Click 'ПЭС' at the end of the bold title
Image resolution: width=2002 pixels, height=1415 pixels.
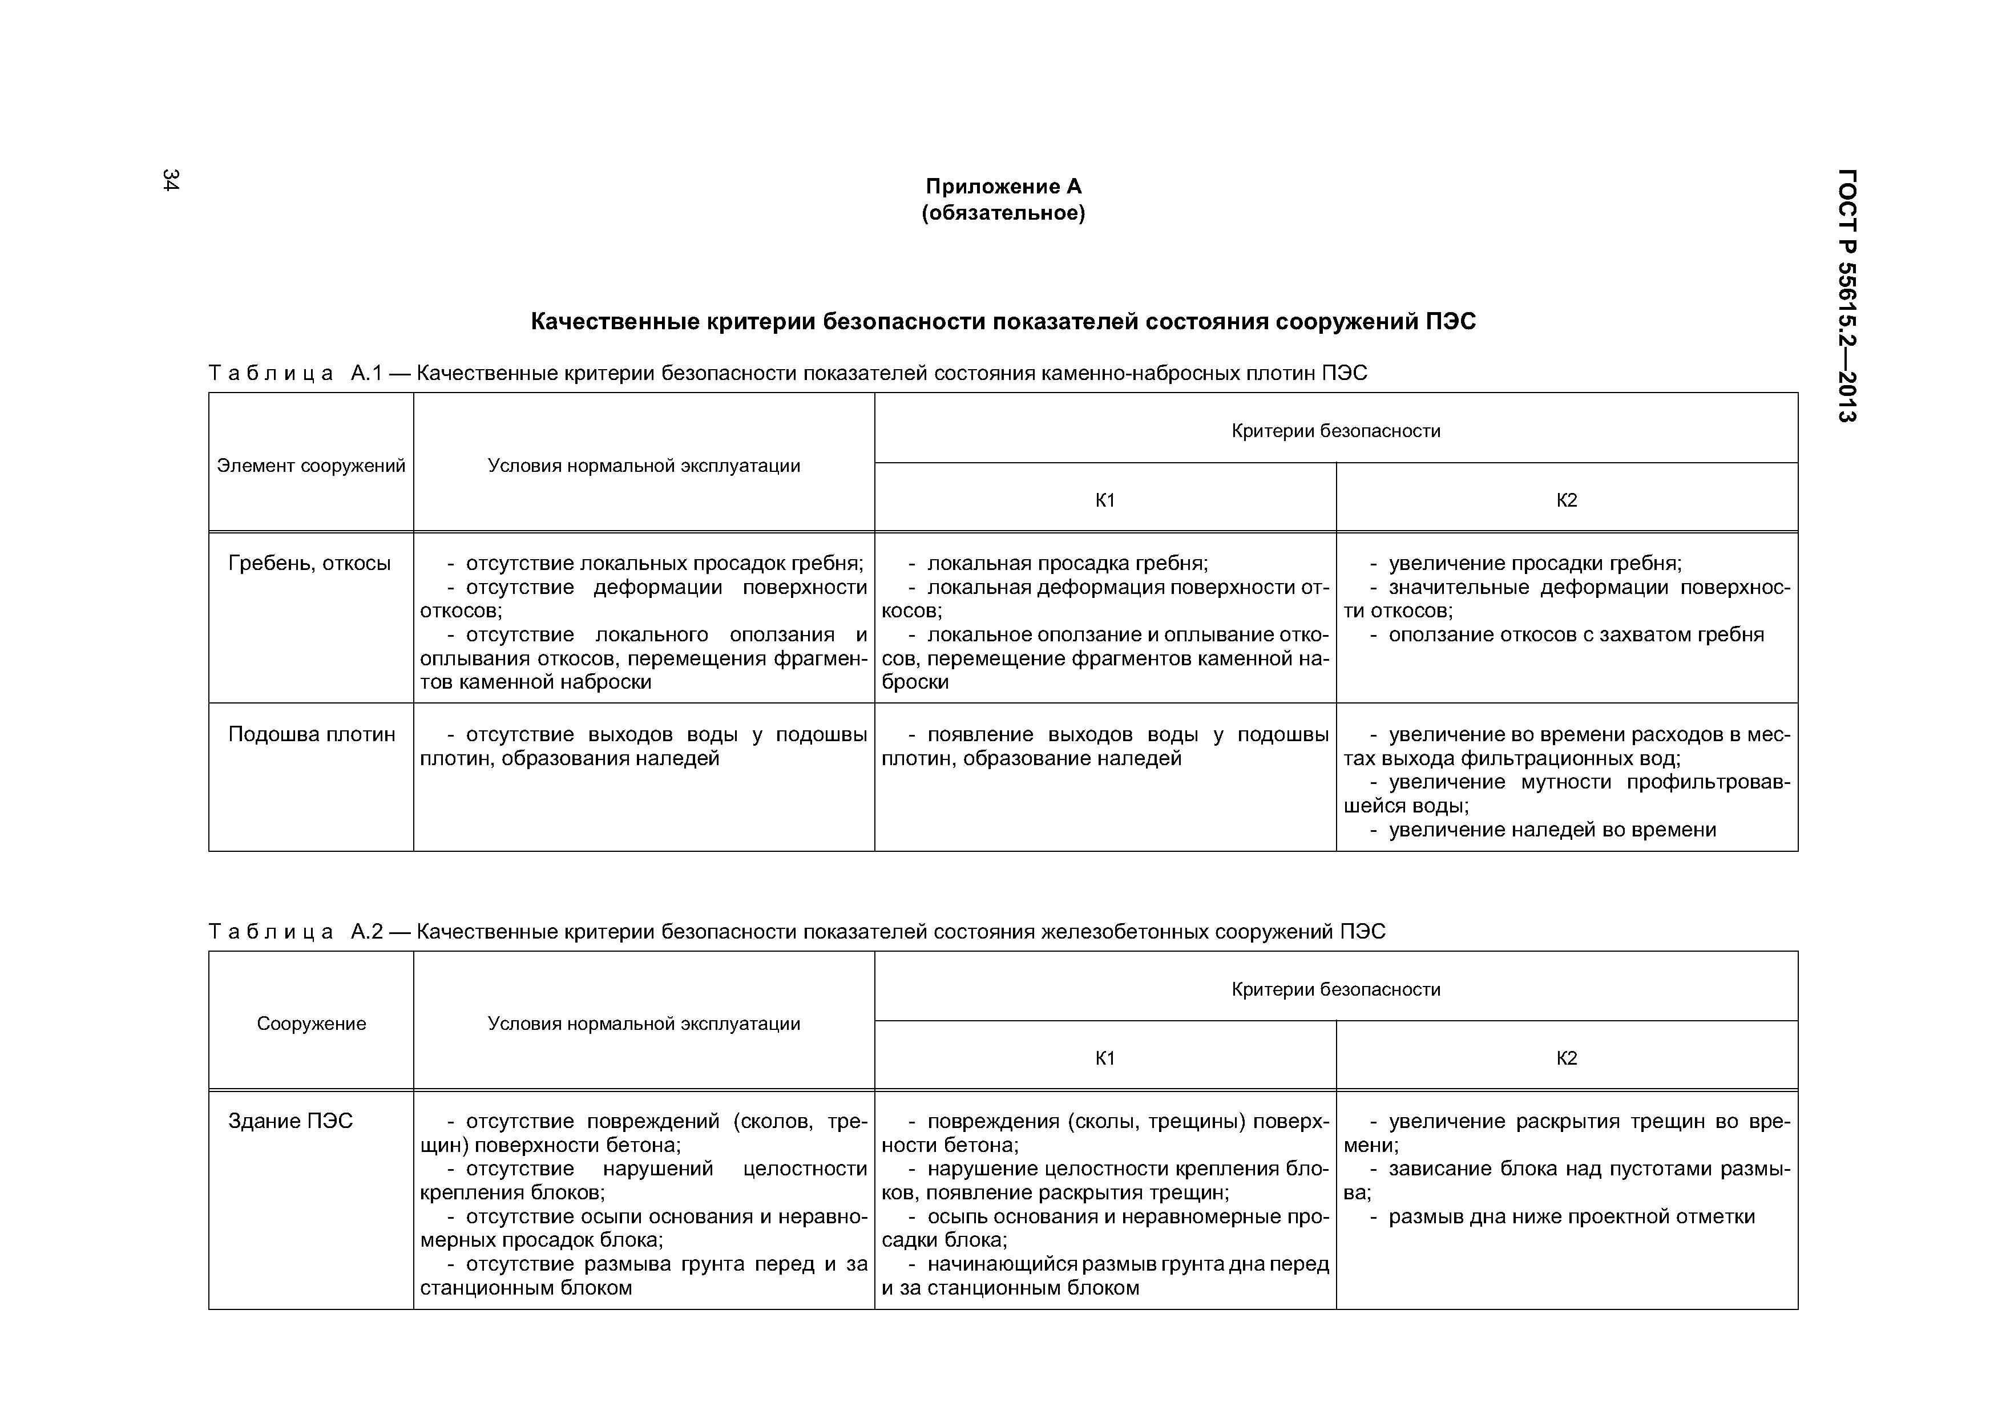1451,322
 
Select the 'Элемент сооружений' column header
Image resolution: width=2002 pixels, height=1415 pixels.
311,466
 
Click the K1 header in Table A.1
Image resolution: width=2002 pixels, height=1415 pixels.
1105,500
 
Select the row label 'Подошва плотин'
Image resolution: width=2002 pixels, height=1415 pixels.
311,735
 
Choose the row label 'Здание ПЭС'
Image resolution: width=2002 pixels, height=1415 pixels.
290,1121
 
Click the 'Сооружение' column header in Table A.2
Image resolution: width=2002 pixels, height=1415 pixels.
311,1024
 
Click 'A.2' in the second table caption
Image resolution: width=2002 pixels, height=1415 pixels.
366,932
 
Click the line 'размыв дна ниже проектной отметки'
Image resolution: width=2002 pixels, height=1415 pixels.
1571,1217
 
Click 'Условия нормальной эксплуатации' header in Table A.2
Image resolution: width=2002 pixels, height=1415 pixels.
644,1024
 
